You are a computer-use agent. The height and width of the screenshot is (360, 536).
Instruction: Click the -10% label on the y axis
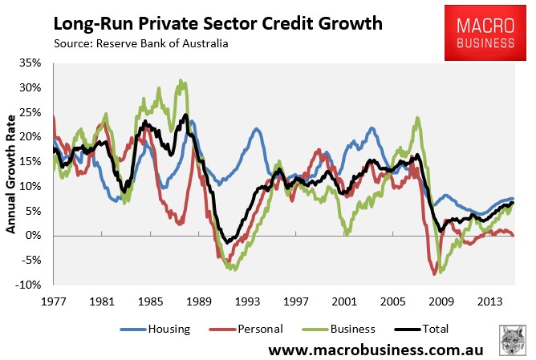coord(30,285)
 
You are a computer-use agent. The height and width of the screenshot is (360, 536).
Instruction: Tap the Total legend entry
coord(431,329)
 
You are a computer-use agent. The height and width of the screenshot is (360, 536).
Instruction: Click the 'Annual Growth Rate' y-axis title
coord(11,173)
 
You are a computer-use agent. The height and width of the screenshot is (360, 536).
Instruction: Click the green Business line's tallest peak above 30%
coord(182,81)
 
